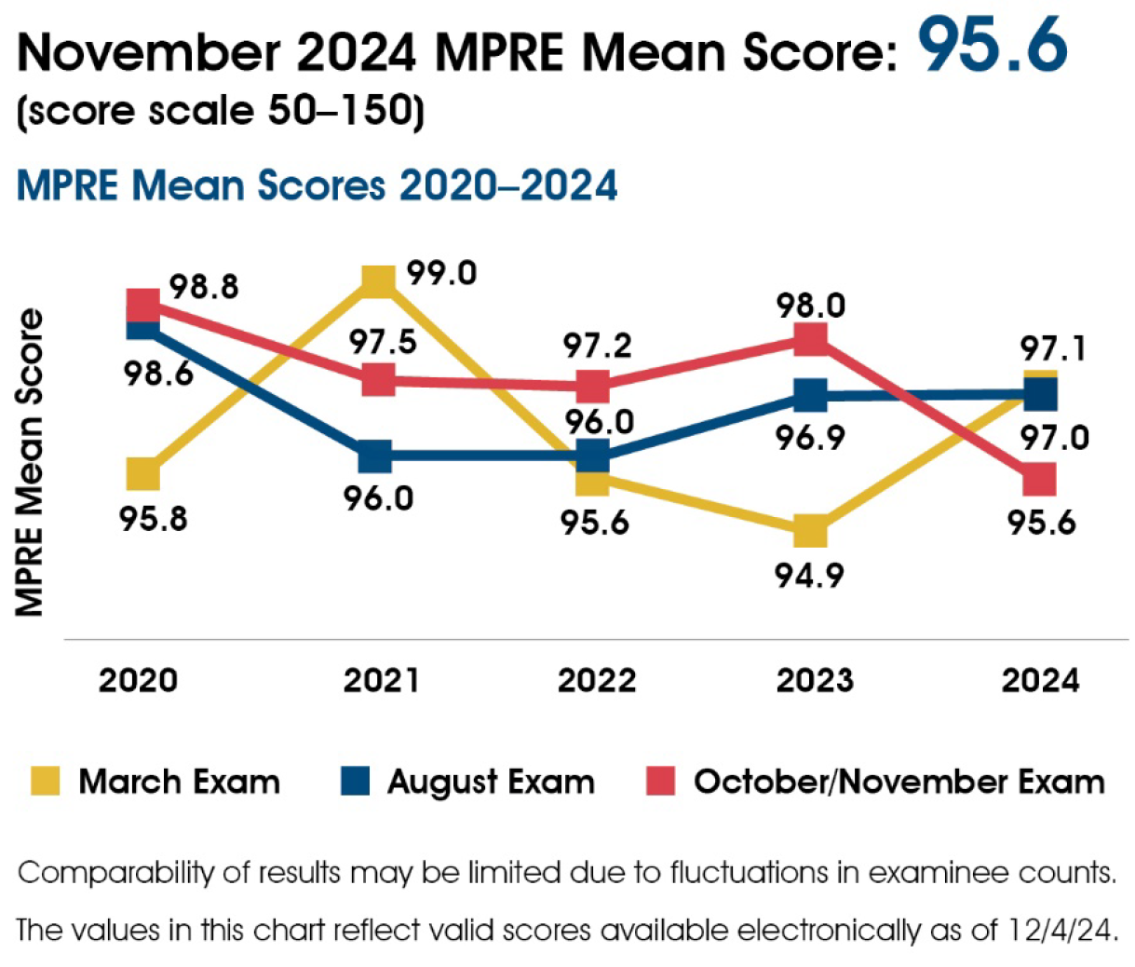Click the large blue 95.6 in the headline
click(x=993, y=46)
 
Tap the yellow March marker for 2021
click(x=378, y=279)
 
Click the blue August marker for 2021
click(x=375, y=457)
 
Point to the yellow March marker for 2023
click(x=811, y=532)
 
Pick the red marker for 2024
click(x=1039, y=481)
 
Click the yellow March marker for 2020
click(x=142, y=474)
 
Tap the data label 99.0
click(x=441, y=274)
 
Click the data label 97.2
click(x=597, y=347)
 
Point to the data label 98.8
click(x=204, y=287)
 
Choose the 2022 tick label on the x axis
click(x=596, y=681)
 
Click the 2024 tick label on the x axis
click(x=1040, y=681)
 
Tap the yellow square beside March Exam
click(x=45, y=781)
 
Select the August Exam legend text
click(x=491, y=782)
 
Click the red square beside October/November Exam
click(x=660, y=781)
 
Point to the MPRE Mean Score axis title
click(x=31, y=462)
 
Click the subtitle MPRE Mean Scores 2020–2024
click(x=317, y=185)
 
